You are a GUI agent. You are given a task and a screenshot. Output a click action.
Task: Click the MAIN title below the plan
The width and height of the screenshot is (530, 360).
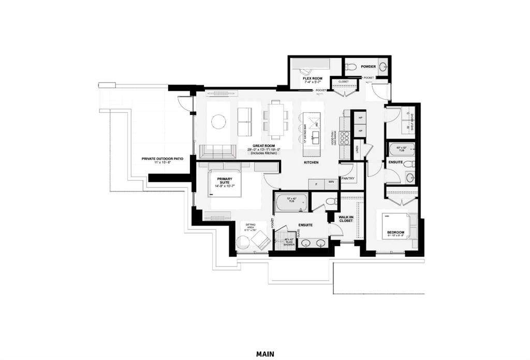[x=264, y=354]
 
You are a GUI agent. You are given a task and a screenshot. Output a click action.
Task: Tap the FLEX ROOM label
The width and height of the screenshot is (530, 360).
[x=313, y=79]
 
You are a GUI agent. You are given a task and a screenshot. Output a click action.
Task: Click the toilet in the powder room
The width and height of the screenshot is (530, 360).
[x=350, y=66]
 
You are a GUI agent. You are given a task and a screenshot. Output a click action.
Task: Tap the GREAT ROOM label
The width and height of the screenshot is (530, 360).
[x=263, y=147]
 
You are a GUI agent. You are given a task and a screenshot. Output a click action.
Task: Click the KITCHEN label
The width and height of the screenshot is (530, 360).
[x=311, y=163]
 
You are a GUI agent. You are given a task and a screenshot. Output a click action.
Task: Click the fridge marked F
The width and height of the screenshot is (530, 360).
[x=316, y=183]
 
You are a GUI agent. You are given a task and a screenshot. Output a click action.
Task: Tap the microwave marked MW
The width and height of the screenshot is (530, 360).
[x=331, y=183]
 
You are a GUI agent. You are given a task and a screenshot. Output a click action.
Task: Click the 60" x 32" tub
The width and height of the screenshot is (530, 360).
[x=402, y=149]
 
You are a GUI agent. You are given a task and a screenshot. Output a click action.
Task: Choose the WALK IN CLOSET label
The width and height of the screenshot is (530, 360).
[x=345, y=219]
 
